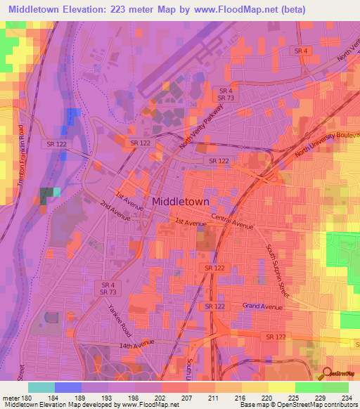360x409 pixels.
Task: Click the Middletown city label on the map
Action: (x=181, y=201)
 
